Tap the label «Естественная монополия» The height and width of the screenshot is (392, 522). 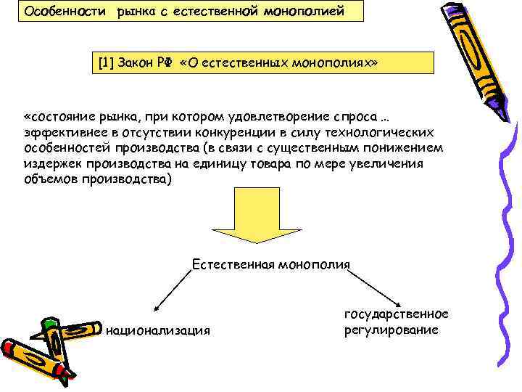[270, 265]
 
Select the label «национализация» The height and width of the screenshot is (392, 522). [158, 331]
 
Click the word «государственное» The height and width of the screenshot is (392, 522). [396, 314]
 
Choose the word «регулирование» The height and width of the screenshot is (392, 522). [391, 330]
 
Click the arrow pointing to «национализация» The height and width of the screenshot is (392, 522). [174, 291]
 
